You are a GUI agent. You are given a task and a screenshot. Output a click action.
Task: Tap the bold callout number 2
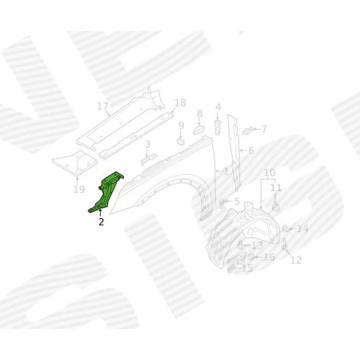click(x=102, y=222)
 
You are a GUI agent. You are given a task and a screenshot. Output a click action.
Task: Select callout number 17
click(x=103, y=106)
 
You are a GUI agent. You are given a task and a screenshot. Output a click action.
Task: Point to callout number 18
click(x=181, y=103)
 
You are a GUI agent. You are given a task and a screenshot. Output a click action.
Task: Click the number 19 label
click(x=79, y=189)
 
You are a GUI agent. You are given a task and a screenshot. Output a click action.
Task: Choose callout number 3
click(x=148, y=144)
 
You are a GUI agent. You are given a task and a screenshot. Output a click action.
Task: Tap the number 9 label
click(x=181, y=126)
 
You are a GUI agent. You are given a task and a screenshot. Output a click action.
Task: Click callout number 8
click(x=200, y=114)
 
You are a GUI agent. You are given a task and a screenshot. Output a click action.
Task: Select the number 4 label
click(x=218, y=107)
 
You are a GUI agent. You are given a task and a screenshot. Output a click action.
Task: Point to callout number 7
click(x=264, y=129)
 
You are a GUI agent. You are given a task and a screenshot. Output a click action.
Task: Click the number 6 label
click(x=251, y=150)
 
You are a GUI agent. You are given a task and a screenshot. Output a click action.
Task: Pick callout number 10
click(x=270, y=172)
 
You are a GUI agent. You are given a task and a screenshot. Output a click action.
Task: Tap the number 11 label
click(x=276, y=187)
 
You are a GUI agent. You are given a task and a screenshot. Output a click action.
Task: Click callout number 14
click(x=302, y=229)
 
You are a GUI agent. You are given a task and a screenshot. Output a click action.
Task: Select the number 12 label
click(x=296, y=260)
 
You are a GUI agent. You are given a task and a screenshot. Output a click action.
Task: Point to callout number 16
click(x=269, y=257)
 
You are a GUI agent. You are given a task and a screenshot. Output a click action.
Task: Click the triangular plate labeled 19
click(x=75, y=163)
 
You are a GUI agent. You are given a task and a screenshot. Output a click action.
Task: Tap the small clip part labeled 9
click(x=181, y=141)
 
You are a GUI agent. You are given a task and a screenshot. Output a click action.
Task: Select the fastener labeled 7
click(x=248, y=131)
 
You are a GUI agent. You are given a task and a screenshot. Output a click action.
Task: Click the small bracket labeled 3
click(x=148, y=159)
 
